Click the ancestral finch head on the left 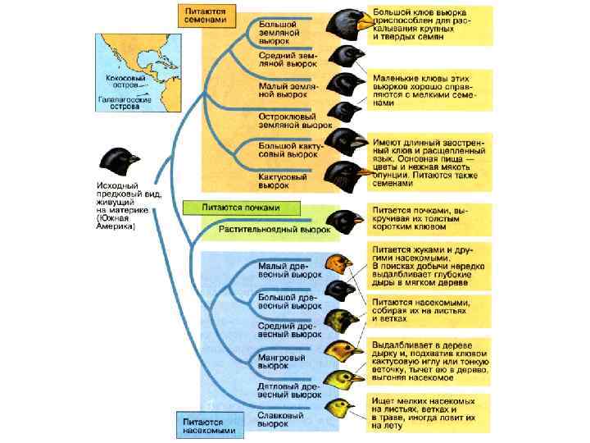[x=120, y=161]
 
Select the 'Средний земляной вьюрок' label [x=279, y=59]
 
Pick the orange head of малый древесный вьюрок [x=338, y=262]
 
